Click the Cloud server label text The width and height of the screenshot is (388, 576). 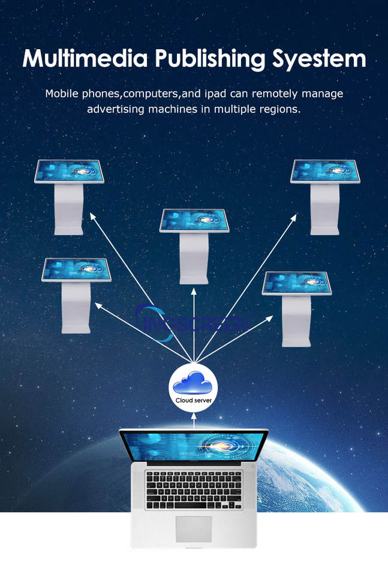coord(193,400)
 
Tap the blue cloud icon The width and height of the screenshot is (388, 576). coord(193,383)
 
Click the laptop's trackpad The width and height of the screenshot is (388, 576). coord(193,528)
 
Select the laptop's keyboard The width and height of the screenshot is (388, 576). coord(193,488)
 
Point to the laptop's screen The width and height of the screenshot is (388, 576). coord(193,447)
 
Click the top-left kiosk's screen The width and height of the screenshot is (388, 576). coord(69,171)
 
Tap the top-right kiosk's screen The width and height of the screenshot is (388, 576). coord(324,172)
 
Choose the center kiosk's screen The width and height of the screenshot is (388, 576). coord(195,220)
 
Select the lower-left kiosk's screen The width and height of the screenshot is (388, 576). coord(76,269)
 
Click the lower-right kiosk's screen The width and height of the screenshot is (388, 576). coord(296,283)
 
